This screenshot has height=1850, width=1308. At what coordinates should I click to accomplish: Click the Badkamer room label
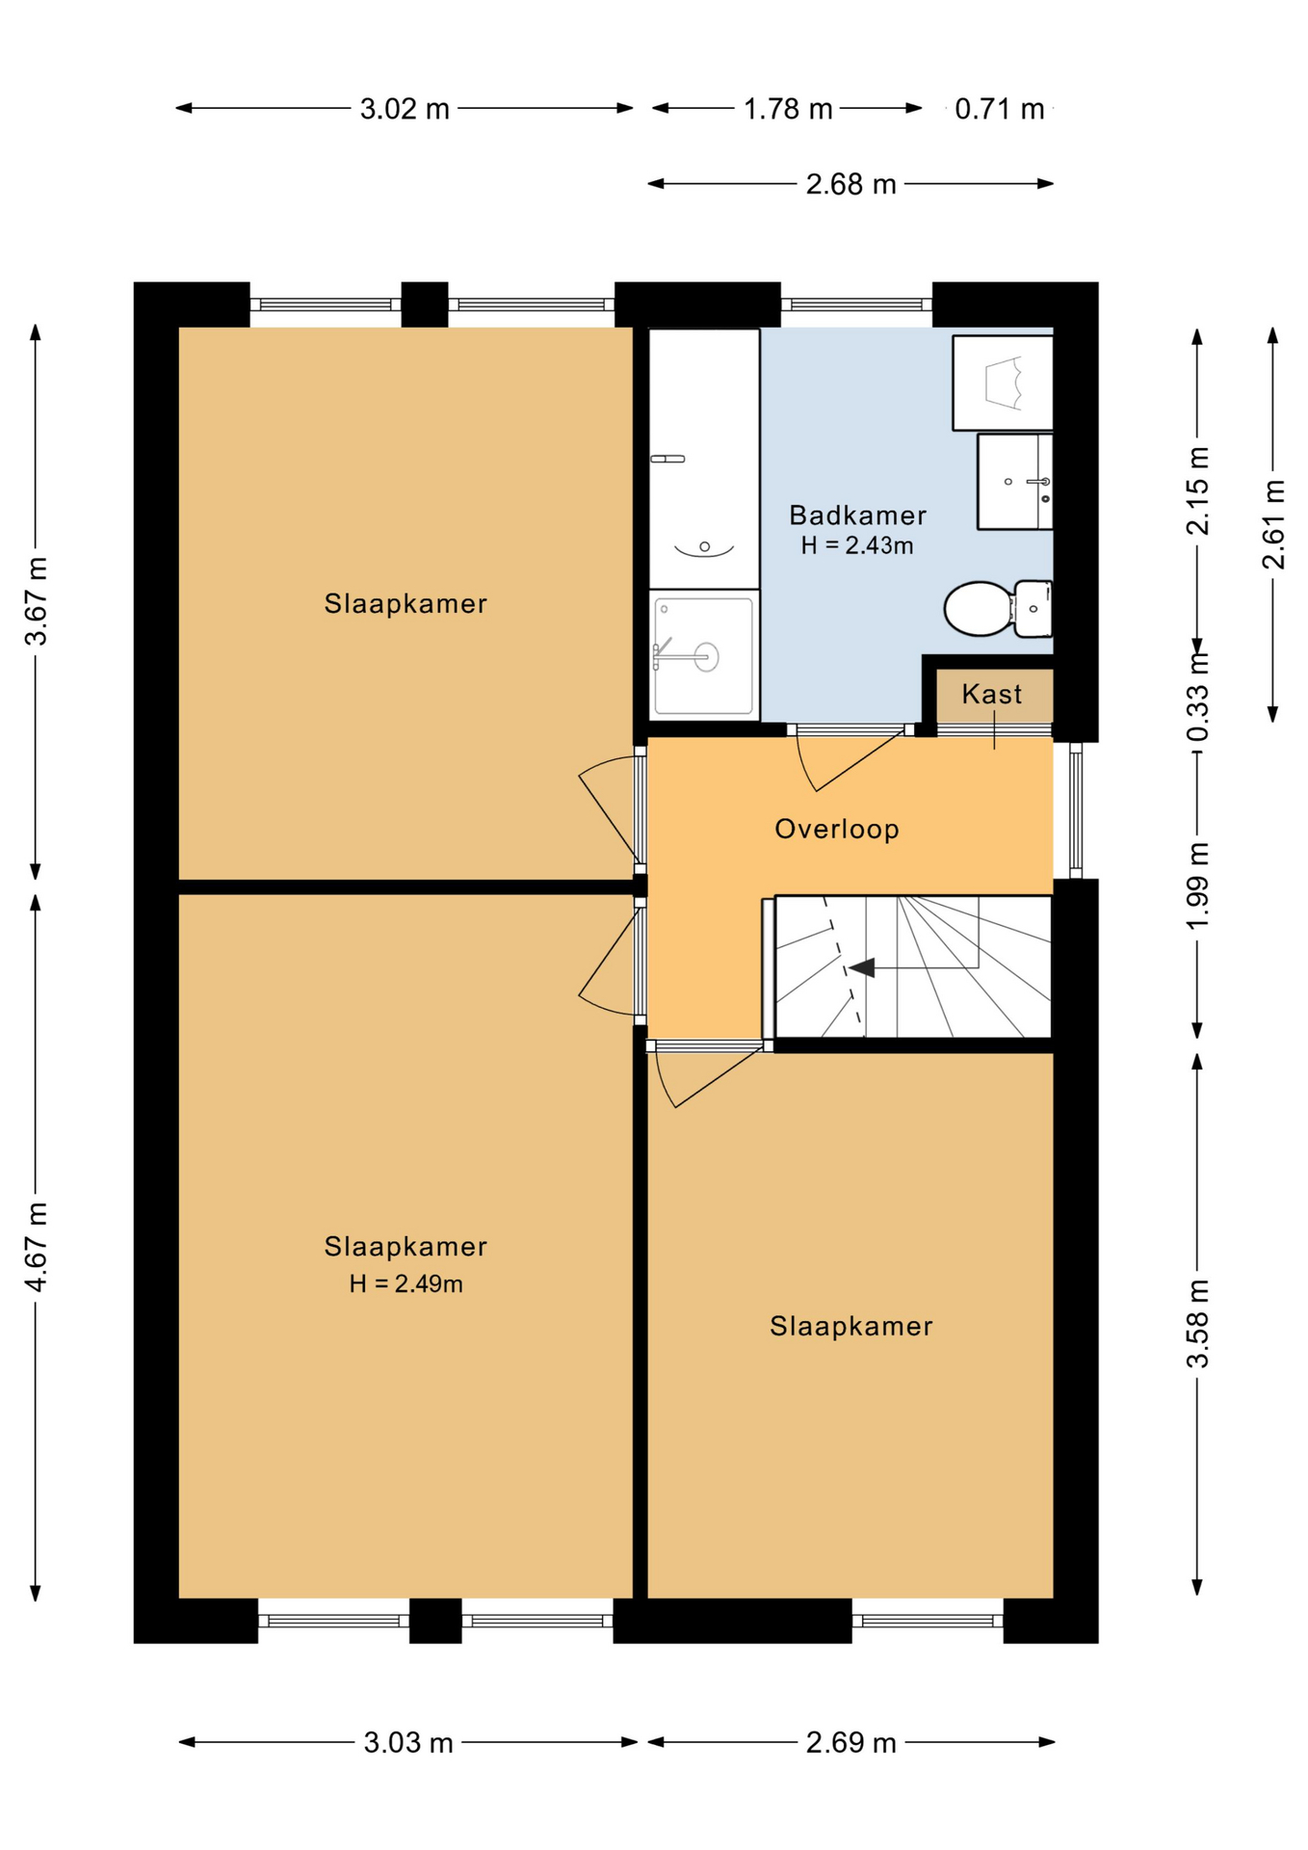857,515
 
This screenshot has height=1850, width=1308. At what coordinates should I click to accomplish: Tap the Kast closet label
992,694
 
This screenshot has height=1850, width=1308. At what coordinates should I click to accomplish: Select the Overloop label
837,830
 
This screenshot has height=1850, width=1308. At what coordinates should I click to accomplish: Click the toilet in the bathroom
998,608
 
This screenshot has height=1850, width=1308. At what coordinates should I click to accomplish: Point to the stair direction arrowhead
862,967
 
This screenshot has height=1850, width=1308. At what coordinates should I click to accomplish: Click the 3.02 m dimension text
405,109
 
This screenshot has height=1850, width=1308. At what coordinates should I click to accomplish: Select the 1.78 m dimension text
788,109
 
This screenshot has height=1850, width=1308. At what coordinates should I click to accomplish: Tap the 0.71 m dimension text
1000,109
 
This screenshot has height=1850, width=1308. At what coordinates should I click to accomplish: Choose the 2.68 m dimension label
851,184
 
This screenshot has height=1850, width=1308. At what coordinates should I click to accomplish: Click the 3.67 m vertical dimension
37,601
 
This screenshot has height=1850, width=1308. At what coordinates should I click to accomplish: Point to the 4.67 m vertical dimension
37,1247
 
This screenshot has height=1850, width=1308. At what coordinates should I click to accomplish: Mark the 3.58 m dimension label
1197,1324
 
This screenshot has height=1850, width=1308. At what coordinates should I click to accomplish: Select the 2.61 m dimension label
1273,524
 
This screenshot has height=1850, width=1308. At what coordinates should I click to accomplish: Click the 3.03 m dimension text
408,1743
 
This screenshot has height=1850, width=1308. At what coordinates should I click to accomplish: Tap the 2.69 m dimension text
851,1743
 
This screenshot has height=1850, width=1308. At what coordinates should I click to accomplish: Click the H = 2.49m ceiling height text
405,1283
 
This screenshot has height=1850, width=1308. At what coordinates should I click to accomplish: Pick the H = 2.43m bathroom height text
857,545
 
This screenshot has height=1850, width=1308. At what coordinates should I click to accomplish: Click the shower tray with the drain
704,656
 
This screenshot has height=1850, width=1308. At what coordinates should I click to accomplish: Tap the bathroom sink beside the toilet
1015,481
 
